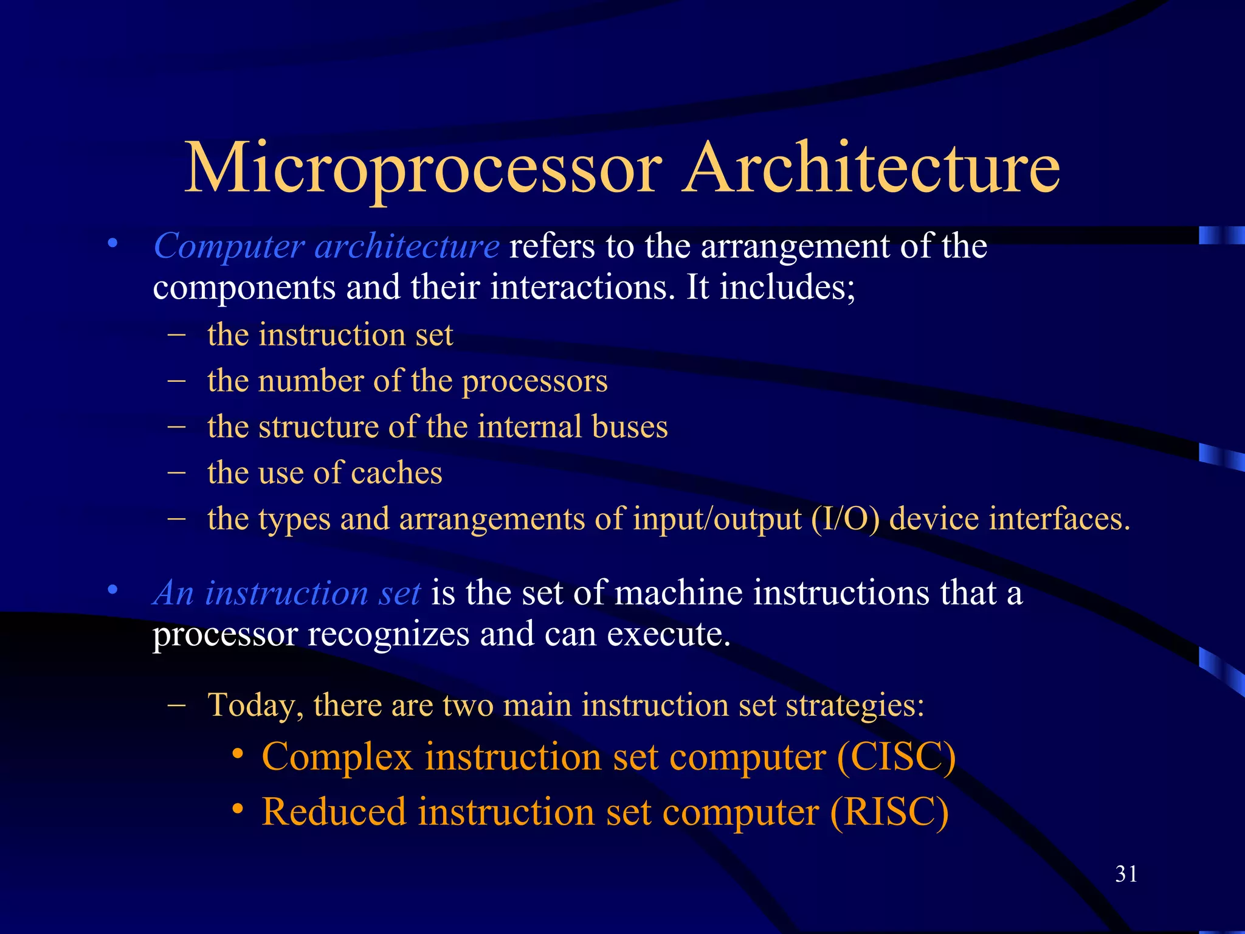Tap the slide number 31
coord(1126,874)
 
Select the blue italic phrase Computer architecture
coord(326,246)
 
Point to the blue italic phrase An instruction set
coord(286,593)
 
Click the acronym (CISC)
coord(896,757)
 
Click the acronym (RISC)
coord(889,812)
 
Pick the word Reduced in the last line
coord(334,812)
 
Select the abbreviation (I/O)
coord(845,519)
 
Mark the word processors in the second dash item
coord(535,382)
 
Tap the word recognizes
coord(388,634)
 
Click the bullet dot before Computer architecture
coord(112,244)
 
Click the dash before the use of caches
coord(176,472)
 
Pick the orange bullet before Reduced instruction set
coord(238,809)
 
